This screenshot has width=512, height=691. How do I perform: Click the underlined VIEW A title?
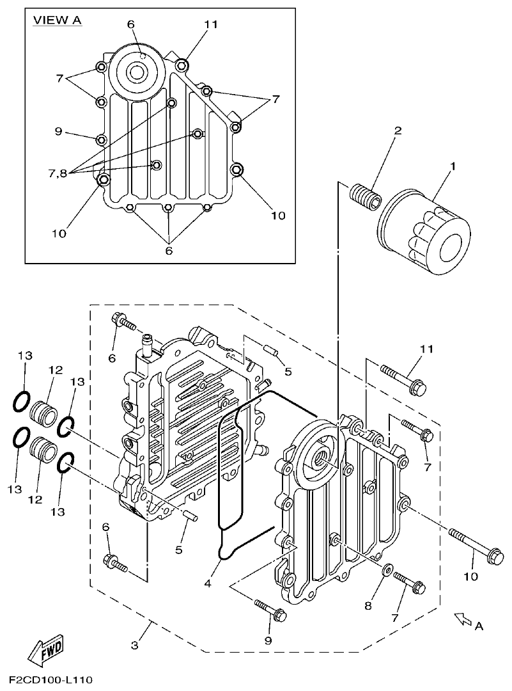58,20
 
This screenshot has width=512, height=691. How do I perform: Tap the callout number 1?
453,167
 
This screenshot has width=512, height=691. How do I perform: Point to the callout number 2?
398,131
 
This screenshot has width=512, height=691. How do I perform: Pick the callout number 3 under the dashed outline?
134,645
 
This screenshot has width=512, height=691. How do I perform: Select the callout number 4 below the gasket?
206,584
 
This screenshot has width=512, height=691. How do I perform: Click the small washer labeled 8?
387,569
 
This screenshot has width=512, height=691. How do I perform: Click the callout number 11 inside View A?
211,24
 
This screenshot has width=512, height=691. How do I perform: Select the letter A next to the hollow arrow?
479,627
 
